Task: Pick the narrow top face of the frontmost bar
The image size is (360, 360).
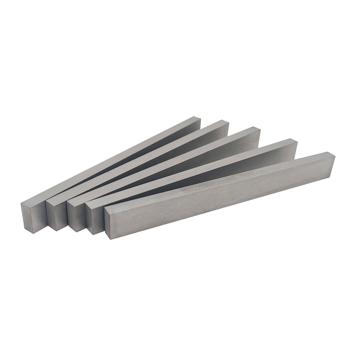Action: pos(216,178)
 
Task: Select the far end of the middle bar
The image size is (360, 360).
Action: pos(254,133)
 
